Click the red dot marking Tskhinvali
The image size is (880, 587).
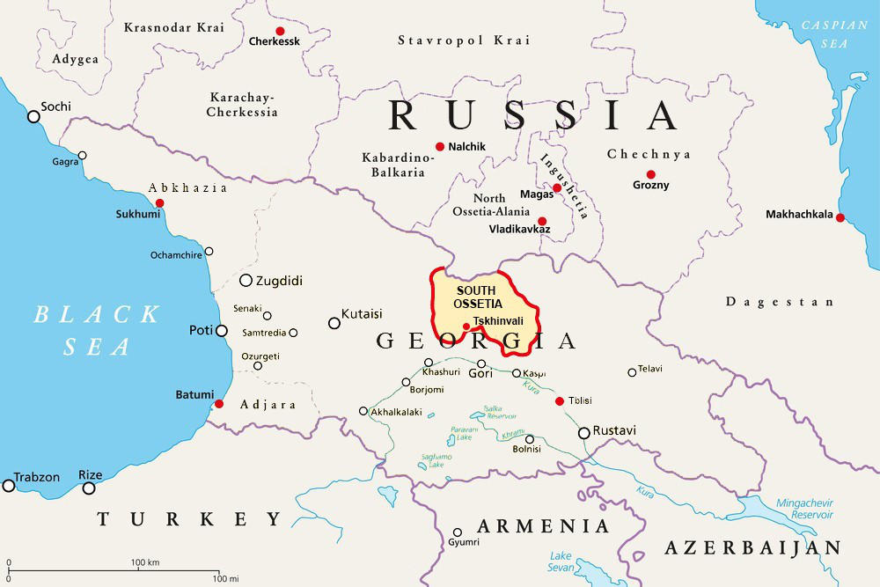tap(466, 327)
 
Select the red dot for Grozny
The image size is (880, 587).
tap(650, 174)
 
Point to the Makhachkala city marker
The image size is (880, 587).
tap(840, 217)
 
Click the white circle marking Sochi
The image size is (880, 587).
tap(33, 116)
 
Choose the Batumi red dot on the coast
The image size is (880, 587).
tap(219, 404)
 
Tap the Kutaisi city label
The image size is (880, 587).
tap(362, 313)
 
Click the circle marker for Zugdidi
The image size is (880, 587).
tap(246, 281)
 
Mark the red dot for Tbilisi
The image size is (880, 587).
tap(559, 401)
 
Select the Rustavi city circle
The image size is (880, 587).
tap(583, 432)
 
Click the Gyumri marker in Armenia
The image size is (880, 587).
tap(457, 532)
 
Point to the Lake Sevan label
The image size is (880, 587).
tap(561, 562)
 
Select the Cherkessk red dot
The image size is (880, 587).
tap(280, 31)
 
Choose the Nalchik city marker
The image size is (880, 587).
tap(439, 146)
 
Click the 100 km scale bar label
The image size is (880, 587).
tap(145, 562)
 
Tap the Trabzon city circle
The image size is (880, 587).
tap(9, 485)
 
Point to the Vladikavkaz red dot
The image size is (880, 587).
tap(541, 221)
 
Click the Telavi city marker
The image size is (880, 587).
tap(632, 372)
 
